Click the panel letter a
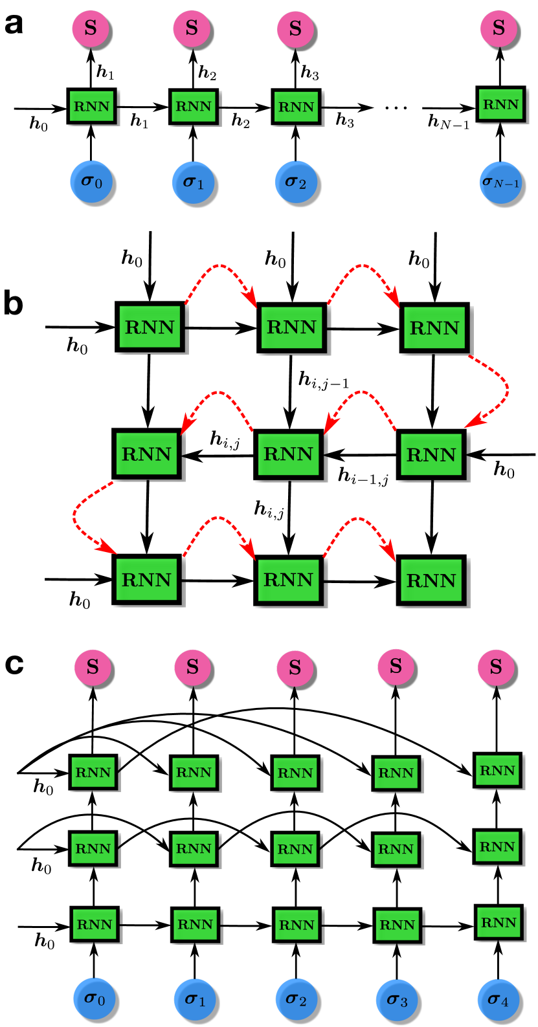pyautogui.click(x=14, y=25)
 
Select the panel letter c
pyautogui.click(x=14, y=664)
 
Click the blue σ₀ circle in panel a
pyautogui.click(x=91, y=182)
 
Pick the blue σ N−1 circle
pyautogui.click(x=500, y=182)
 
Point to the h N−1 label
pyautogui.click(x=449, y=122)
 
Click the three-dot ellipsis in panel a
pyautogui.click(x=396, y=108)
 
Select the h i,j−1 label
pyautogui.click(x=323, y=380)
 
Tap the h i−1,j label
pyautogui.click(x=363, y=476)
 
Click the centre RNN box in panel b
pyautogui.click(x=289, y=454)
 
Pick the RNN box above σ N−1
pyautogui.click(x=500, y=104)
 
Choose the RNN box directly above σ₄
pyautogui.click(x=498, y=922)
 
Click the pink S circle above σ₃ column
pyautogui.click(x=396, y=667)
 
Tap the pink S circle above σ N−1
pyautogui.click(x=499, y=28)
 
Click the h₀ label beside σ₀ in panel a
pyautogui.click(x=39, y=124)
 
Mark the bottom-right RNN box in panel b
pyautogui.click(x=431, y=580)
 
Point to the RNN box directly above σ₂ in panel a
pyautogui.click(x=296, y=106)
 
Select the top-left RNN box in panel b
pyautogui.click(x=150, y=327)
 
